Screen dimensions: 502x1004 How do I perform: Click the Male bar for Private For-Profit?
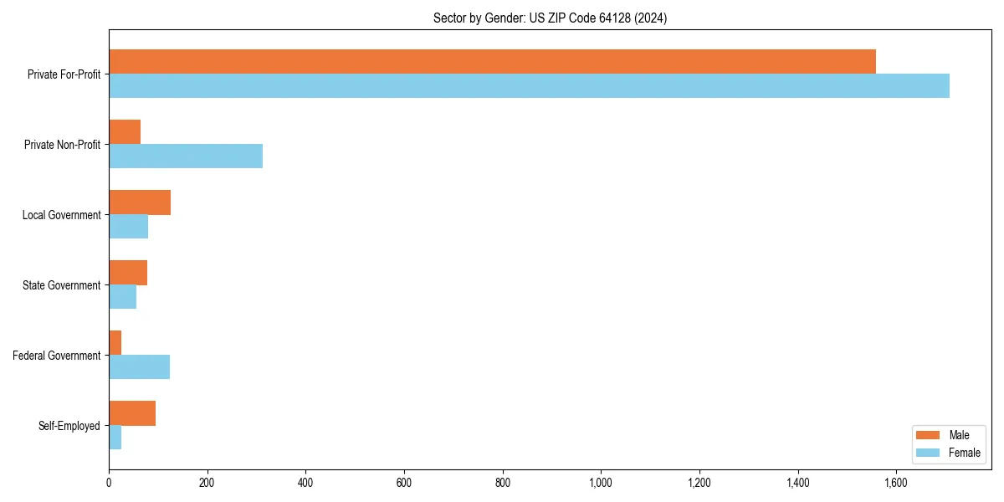pos(492,62)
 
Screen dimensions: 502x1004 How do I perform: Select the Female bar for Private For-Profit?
pos(529,86)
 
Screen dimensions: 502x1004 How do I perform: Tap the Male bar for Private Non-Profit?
pos(125,132)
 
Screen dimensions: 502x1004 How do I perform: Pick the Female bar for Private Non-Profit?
pos(186,156)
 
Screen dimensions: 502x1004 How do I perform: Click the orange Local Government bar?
pos(140,202)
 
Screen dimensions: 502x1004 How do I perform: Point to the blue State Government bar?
pos(122,297)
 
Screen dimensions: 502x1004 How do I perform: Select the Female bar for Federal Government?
pos(139,367)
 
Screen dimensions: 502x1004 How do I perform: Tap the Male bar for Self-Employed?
pos(132,413)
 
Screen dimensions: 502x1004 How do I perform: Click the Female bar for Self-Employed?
pos(115,438)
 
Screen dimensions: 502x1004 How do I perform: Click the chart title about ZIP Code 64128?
pos(550,18)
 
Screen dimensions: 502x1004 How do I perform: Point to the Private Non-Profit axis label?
pos(62,145)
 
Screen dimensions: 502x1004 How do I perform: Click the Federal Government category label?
pos(57,356)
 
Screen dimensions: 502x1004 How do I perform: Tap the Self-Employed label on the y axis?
pos(69,426)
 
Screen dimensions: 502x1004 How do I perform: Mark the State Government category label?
pos(62,285)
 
